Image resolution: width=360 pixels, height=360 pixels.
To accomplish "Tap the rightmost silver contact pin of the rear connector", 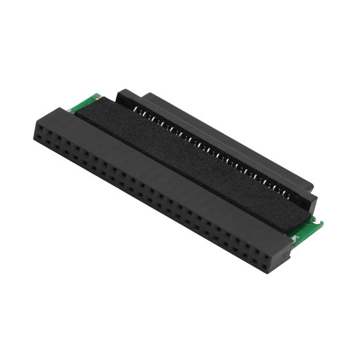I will click(x=288, y=194).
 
